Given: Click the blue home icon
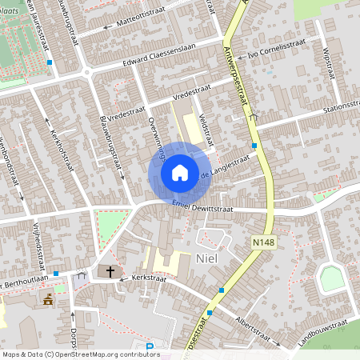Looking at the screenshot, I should coord(180,172).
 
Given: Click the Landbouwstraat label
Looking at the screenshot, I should coord(318,330).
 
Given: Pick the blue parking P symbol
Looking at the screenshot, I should coord(150,348).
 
